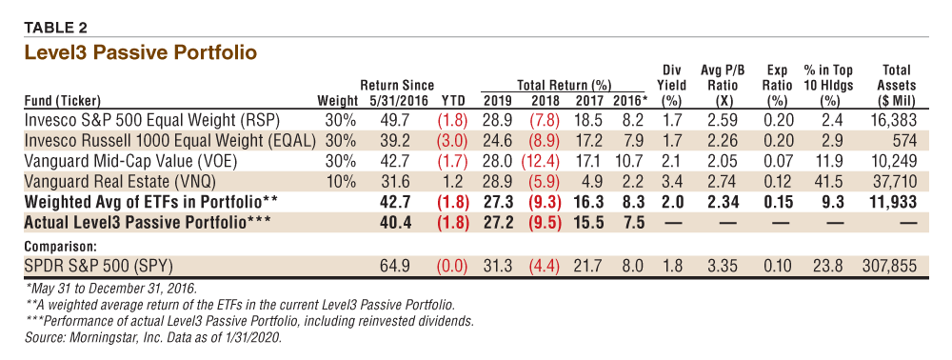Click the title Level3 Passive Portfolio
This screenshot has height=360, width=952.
click(140, 52)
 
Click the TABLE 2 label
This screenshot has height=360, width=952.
click(55, 28)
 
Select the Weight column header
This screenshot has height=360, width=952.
click(338, 100)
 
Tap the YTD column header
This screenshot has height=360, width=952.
click(453, 100)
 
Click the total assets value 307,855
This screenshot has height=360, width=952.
click(887, 266)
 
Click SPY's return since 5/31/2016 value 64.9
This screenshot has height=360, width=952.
click(396, 266)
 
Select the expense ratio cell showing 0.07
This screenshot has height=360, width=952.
click(778, 161)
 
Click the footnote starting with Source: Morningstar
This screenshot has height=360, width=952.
click(152, 337)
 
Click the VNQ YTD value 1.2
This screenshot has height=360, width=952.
click(455, 182)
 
